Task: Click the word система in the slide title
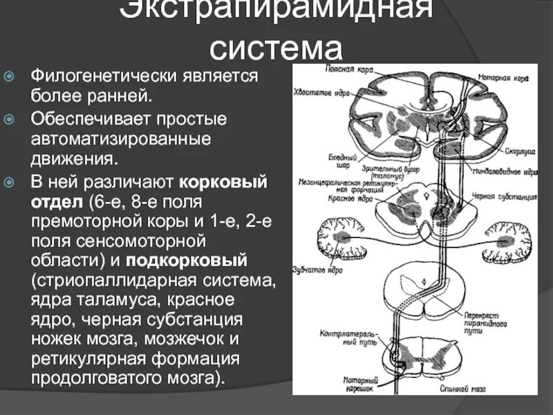276,48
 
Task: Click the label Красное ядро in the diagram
351,198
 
